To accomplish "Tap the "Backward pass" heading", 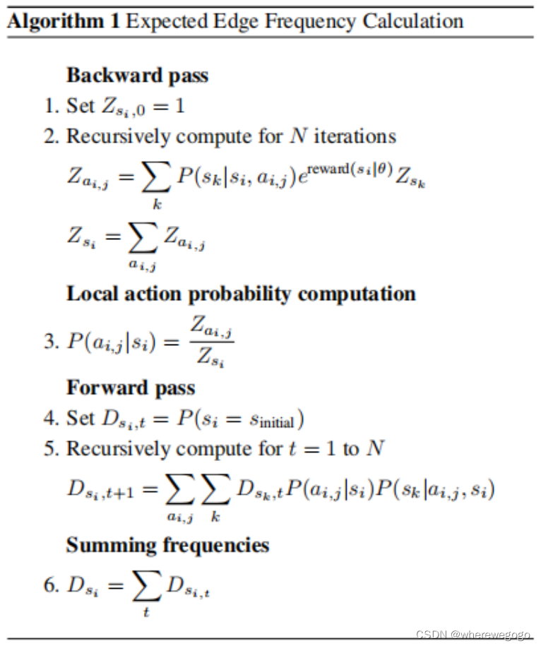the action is tap(137, 75).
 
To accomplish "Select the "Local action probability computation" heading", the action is tap(241, 294).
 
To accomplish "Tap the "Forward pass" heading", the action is tap(131, 388).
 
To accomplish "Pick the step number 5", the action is tap(49, 449).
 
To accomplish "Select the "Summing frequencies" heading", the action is tap(167, 545).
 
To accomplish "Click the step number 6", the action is tap(49, 585).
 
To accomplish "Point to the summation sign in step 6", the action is tap(146, 586).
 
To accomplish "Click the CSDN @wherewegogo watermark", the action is tap(472, 635).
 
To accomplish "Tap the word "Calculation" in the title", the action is tap(413, 20).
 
